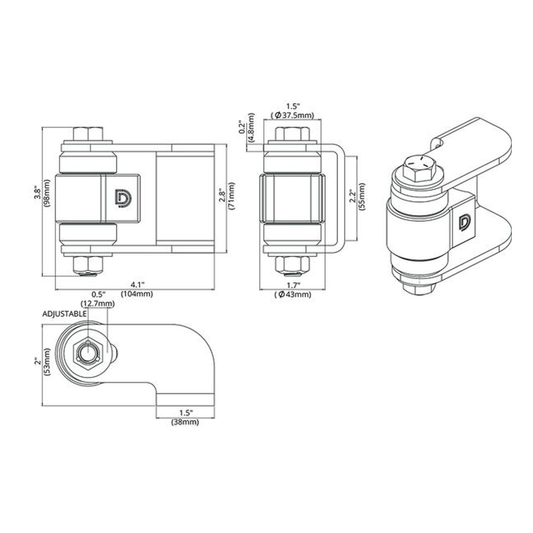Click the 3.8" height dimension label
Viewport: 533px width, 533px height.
point(37,194)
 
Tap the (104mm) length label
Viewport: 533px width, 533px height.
point(137,294)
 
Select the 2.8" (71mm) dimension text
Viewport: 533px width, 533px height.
point(227,196)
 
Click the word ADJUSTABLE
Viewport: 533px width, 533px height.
point(65,314)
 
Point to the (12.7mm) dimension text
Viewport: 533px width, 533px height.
point(98,304)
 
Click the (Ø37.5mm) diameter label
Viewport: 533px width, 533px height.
point(292,115)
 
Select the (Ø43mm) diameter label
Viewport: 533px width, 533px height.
point(293,294)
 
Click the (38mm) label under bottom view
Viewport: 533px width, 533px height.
point(185,422)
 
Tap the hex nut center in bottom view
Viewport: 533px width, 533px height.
point(87,353)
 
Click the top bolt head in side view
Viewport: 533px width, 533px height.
point(292,134)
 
